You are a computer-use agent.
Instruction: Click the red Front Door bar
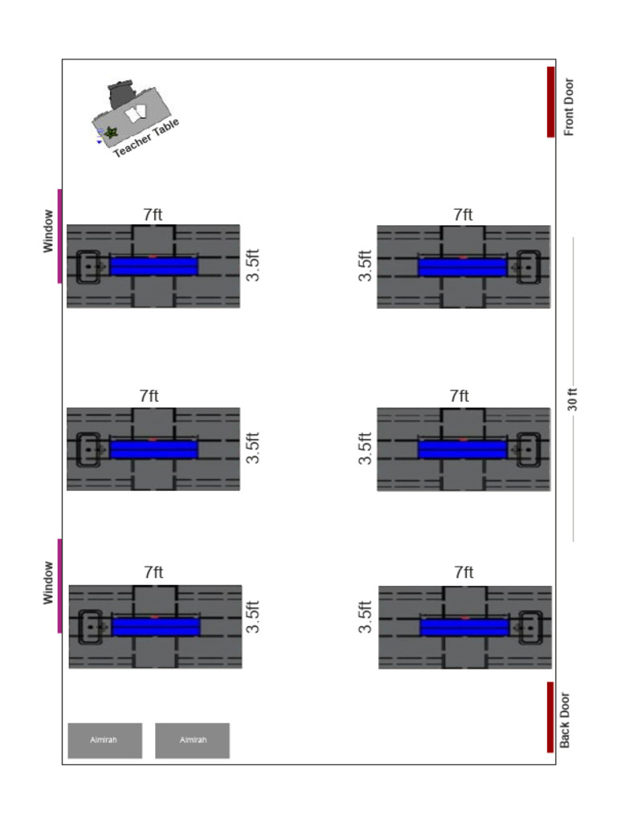coord(550,102)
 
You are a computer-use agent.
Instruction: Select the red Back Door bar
coord(550,717)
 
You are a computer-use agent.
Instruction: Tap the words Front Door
coord(569,107)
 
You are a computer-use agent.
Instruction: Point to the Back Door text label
coord(565,720)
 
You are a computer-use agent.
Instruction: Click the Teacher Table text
coord(146,137)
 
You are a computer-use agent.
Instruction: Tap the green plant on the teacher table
coord(110,133)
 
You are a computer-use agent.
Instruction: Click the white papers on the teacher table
coord(136,113)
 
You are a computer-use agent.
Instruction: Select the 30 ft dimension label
coord(572,399)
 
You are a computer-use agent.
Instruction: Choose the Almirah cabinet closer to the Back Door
coord(192,740)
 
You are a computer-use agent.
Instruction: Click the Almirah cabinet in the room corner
coord(105,740)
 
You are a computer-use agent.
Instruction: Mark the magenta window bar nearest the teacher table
coord(59,236)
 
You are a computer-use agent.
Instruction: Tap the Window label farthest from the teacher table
coord(47,583)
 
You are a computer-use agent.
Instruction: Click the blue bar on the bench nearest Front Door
coord(462,266)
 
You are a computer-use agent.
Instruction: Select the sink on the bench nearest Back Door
coord(530,627)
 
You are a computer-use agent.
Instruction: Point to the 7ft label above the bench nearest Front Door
coord(464,215)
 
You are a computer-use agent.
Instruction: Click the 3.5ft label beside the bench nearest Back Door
coord(365,616)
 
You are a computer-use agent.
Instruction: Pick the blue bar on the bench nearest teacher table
coord(153,266)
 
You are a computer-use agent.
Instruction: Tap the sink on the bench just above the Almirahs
coord(90,627)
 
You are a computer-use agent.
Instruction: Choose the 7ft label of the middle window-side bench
coord(149,395)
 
